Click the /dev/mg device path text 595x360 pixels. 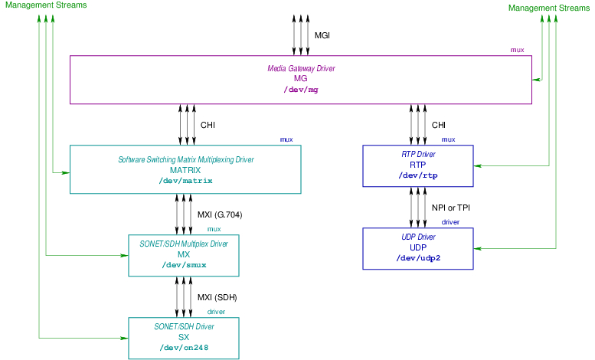[x=301, y=90]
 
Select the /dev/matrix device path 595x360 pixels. [x=185, y=181]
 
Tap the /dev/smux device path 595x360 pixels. [x=184, y=265]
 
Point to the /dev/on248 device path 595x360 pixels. [x=185, y=347]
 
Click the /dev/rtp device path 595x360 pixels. [x=418, y=175]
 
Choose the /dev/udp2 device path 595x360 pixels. [x=418, y=258]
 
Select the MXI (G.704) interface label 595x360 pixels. [x=219, y=214]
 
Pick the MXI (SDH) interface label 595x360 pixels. [x=217, y=297]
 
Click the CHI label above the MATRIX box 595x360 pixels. [x=208, y=125]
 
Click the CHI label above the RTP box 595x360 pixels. [x=439, y=125]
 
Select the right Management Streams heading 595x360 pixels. [x=549, y=8]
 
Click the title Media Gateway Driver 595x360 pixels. [x=301, y=68]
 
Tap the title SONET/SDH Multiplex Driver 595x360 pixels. [x=184, y=244]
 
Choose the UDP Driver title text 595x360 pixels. [x=418, y=237]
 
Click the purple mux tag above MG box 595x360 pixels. [x=518, y=50]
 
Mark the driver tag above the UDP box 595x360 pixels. [x=450, y=222]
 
